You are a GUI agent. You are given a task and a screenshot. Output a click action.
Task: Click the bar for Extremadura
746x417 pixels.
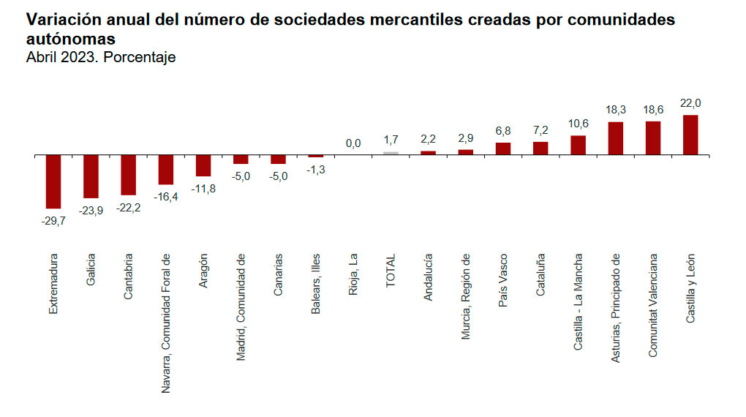[x=53, y=181]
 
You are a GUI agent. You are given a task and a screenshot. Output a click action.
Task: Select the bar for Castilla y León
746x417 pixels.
[x=690, y=135]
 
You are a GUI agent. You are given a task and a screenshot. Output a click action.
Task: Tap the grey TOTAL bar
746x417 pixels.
[x=391, y=154]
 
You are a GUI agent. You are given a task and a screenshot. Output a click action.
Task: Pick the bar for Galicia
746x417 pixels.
[x=91, y=176]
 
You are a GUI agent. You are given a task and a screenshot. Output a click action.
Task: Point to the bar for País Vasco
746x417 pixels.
[x=503, y=149]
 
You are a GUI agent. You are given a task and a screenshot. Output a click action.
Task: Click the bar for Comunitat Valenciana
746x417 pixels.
[x=652, y=138]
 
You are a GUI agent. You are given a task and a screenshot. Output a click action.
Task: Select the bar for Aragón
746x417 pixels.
[x=203, y=166]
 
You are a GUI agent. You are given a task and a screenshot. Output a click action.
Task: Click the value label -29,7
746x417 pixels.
[x=53, y=220]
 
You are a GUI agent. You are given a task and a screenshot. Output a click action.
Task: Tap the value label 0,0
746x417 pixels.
[x=353, y=144]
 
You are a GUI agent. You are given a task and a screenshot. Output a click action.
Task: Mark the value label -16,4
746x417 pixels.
[x=166, y=196]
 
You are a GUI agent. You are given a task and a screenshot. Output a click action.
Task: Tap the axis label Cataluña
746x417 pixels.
[x=540, y=275]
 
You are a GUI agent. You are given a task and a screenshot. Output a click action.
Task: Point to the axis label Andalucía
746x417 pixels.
[x=428, y=277]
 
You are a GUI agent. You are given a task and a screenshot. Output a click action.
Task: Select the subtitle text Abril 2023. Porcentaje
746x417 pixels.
[x=101, y=57]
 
